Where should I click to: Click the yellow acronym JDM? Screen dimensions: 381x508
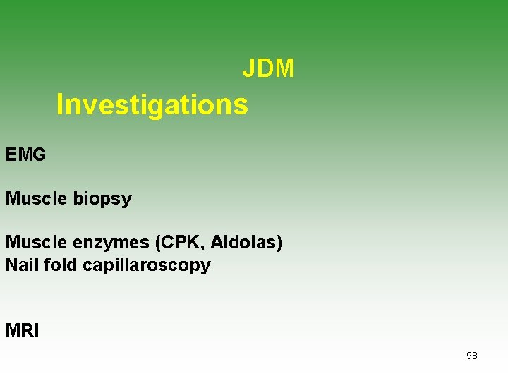(268, 68)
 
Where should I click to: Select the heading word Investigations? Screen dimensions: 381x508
(152, 104)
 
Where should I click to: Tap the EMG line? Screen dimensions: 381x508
(26, 155)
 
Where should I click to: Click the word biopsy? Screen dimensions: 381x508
(102, 199)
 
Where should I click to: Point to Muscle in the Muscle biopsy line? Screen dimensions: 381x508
(37, 198)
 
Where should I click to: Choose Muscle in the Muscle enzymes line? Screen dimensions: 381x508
(37, 243)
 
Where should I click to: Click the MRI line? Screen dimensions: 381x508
(23, 330)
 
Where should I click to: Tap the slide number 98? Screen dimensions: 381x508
(472, 356)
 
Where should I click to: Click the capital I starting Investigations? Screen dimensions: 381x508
(60, 104)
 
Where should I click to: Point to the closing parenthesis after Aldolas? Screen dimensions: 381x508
(279, 243)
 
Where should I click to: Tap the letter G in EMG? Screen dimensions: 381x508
(38, 155)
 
